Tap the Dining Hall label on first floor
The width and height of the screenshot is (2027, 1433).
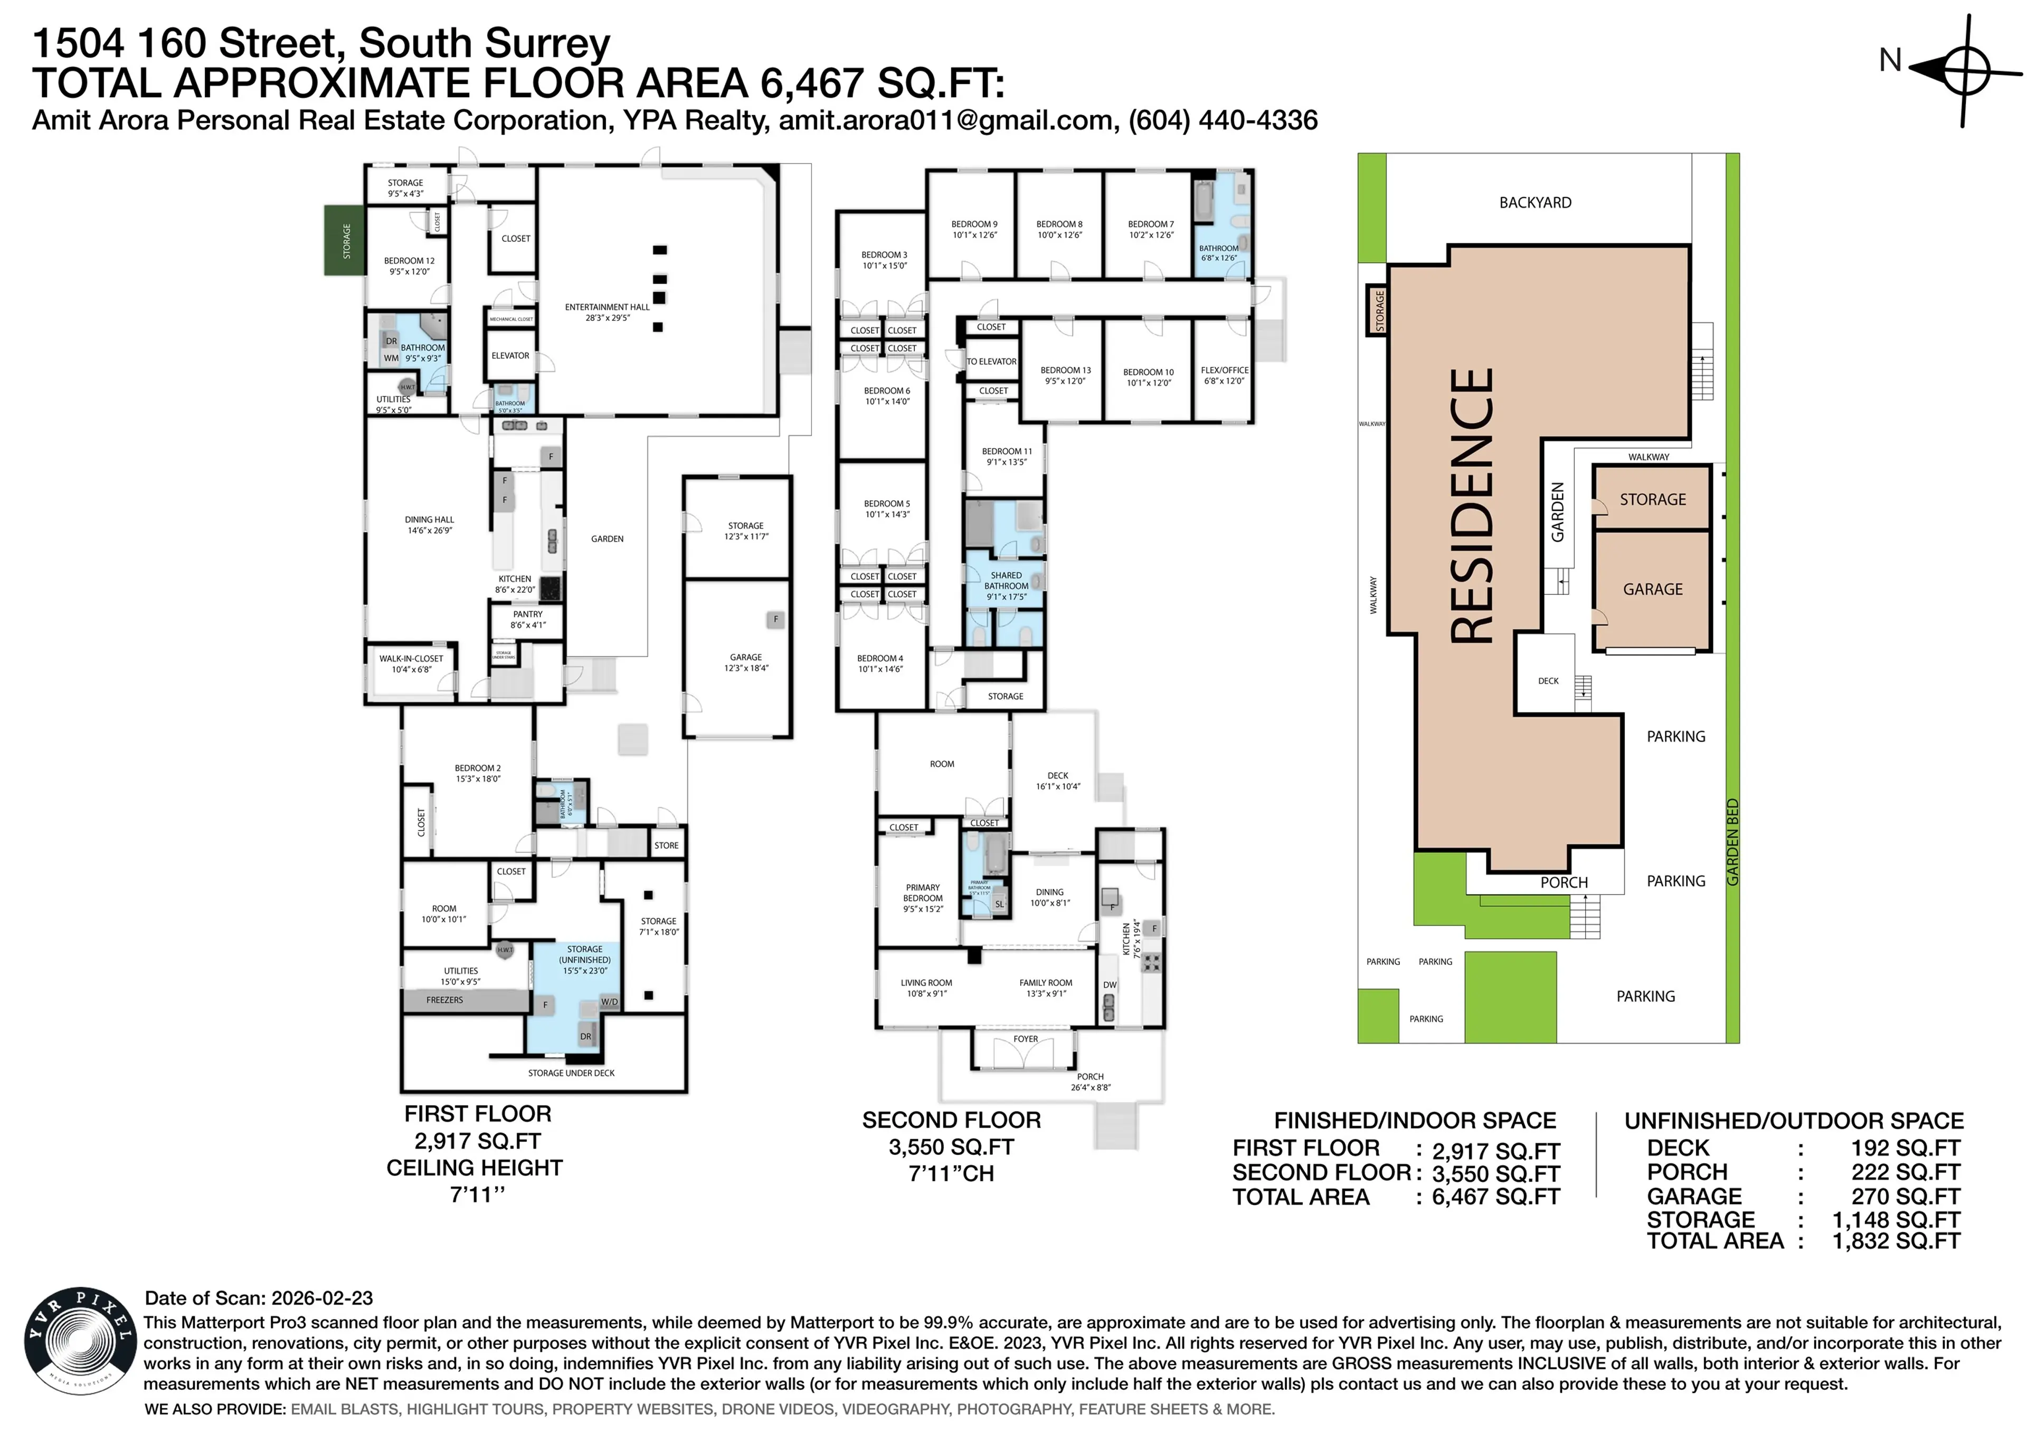(429, 525)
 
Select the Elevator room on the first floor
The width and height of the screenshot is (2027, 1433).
(510, 356)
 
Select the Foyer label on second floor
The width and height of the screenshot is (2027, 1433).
(1025, 1039)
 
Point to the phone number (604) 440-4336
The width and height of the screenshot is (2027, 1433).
(1222, 120)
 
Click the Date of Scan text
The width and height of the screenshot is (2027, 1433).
(259, 1298)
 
